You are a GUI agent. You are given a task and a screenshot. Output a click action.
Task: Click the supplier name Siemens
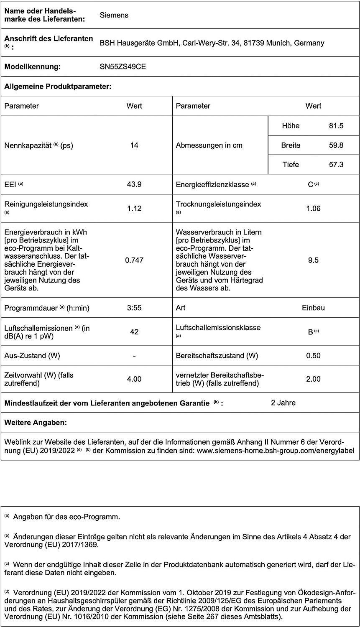[114, 15]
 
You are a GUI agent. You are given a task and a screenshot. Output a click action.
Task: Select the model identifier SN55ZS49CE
[123, 66]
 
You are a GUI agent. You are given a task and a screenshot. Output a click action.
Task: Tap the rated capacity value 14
[134, 145]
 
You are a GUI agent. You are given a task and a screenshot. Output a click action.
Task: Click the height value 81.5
[336, 126]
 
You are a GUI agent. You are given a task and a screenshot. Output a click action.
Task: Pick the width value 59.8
[336, 145]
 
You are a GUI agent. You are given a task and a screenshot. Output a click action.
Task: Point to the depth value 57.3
[336, 165]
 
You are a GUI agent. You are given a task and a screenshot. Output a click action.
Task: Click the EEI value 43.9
[134, 184]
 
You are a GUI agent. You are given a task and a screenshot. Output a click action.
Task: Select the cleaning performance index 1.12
[134, 209]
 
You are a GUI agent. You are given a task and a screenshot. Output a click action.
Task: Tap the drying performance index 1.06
[313, 209]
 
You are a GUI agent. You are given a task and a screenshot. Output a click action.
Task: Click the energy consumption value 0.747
[134, 260]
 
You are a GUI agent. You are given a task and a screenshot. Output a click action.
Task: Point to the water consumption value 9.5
[313, 260]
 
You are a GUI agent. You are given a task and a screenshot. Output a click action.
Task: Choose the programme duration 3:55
[134, 308]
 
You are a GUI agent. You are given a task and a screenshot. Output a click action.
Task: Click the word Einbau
[313, 308]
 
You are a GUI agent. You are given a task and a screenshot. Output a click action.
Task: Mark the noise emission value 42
[134, 332]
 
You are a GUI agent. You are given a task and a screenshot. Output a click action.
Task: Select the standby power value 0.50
[313, 356]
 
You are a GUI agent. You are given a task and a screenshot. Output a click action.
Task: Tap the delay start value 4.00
[134, 379]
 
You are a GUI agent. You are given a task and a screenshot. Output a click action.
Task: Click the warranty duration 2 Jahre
[283, 403]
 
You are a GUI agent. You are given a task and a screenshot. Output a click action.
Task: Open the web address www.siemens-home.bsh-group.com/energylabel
[275, 451]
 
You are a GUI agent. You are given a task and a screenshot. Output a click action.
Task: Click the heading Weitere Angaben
[36, 423]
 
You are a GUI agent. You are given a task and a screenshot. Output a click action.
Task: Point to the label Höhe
[291, 126]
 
